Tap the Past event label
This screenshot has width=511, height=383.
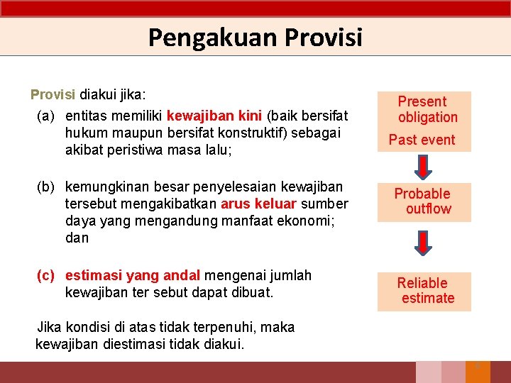click(422, 140)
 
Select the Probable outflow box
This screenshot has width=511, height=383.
click(424, 201)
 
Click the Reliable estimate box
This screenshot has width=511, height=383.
click(424, 291)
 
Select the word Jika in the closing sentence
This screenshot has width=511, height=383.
click(49, 328)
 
